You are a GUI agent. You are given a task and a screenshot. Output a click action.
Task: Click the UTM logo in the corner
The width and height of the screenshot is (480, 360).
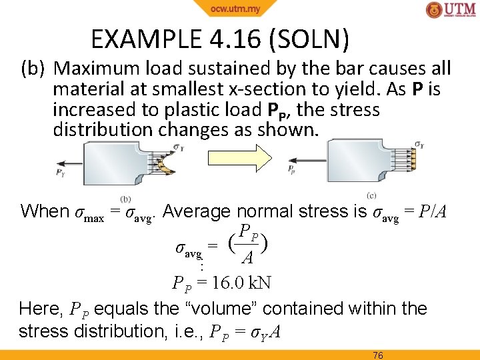tap(451, 11)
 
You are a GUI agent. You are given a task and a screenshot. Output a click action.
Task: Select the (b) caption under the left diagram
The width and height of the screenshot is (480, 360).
tap(125, 198)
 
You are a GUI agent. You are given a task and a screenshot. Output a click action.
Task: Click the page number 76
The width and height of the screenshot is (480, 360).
tap(378, 355)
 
